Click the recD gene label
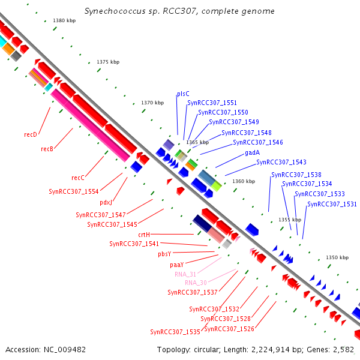(x=31, y=134)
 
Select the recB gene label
(x=47, y=149)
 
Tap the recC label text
(x=78, y=178)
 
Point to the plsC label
(x=183, y=94)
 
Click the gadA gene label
(x=253, y=152)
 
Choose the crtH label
(x=144, y=235)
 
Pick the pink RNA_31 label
(x=185, y=274)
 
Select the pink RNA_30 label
(x=196, y=283)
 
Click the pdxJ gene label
(x=106, y=203)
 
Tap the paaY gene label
(x=177, y=265)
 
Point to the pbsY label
(x=164, y=254)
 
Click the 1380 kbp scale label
(x=64, y=20)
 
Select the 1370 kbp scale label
(x=152, y=103)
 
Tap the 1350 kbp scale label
(x=337, y=257)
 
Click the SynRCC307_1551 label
(x=212, y=103)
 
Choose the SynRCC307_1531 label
(x=332, y=204)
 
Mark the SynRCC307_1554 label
(x=74, y=191)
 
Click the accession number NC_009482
(x=65, y=350)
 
